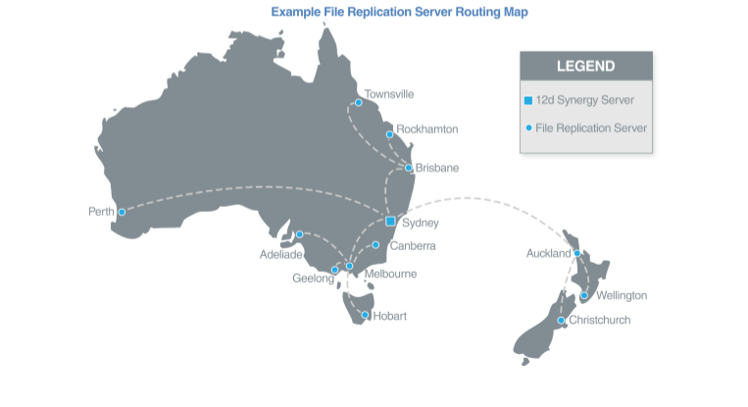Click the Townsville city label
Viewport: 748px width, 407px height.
tap(389, 94)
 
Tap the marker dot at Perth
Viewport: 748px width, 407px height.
tap(123, 212)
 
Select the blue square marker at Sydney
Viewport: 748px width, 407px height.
tap(390, 221)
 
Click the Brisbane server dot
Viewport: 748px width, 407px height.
tap(409, 168)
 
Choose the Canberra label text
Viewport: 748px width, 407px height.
tap(413, 245)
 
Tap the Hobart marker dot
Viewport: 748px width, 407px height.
tap(365, 315)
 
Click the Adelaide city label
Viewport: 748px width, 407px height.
tap(281, 253)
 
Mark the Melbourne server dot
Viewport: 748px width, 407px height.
tap(350, 266)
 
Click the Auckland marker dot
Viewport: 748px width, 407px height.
tap(577, 253)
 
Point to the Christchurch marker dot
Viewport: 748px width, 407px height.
tap(561, 320)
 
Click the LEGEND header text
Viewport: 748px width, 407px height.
tap(585, 67)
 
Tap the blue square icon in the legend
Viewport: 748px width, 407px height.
tap(528, 100)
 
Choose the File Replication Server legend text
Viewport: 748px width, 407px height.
tap(591, 127)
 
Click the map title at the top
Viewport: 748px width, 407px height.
tap(398, 13)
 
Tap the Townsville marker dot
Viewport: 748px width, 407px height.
tap(359, 102)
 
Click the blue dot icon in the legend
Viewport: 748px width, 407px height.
tap(528, 127)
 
